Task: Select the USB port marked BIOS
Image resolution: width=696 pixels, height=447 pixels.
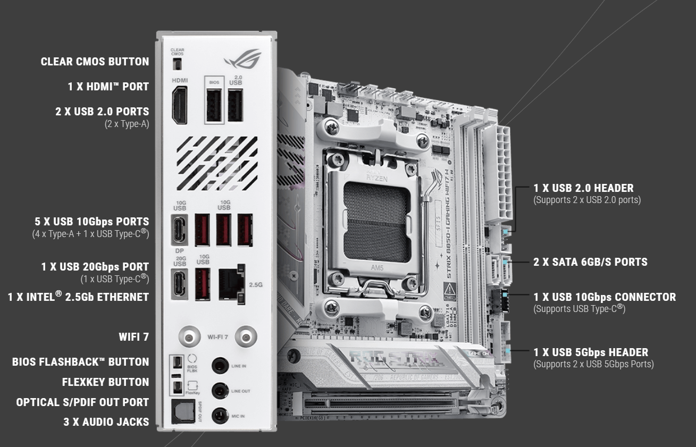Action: pos(214,106)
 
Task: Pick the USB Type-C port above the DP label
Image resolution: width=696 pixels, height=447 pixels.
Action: pos(180,230)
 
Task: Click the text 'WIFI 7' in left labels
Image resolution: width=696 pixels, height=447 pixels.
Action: pos(133,337)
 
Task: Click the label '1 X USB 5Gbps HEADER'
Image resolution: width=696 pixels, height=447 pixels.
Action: pos(591,352)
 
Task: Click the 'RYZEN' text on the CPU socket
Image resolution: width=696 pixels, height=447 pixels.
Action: pos(376,178)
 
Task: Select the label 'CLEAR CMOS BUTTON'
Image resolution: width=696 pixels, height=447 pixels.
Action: pos(95,62)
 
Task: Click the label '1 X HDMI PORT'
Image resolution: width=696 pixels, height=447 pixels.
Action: pos(108,87)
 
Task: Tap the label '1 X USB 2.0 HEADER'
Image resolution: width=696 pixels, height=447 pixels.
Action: pos(583,188)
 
